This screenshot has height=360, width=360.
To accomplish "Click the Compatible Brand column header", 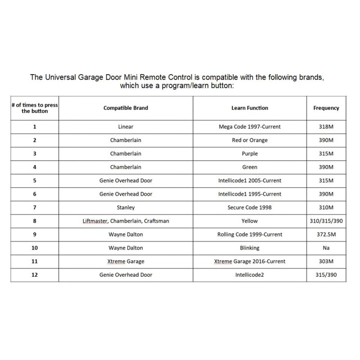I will [126, 108].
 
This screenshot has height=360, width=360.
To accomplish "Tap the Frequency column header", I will [326, 108].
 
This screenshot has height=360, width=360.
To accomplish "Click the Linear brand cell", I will [126, 127].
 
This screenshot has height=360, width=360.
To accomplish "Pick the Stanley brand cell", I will [126, 207].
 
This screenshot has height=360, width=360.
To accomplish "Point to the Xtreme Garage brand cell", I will [126, 261].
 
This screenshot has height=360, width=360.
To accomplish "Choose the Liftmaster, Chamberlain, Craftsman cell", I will [126, 220].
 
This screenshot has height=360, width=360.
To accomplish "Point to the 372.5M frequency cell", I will [326, 234].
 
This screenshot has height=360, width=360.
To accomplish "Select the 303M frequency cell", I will [326, 261].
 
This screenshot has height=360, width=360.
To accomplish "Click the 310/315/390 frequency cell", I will [326, 220].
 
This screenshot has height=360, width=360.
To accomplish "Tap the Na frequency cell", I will [326, 247].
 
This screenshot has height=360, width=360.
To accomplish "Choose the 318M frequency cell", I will [326, 127].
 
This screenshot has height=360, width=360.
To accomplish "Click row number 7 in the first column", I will [35, 207].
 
